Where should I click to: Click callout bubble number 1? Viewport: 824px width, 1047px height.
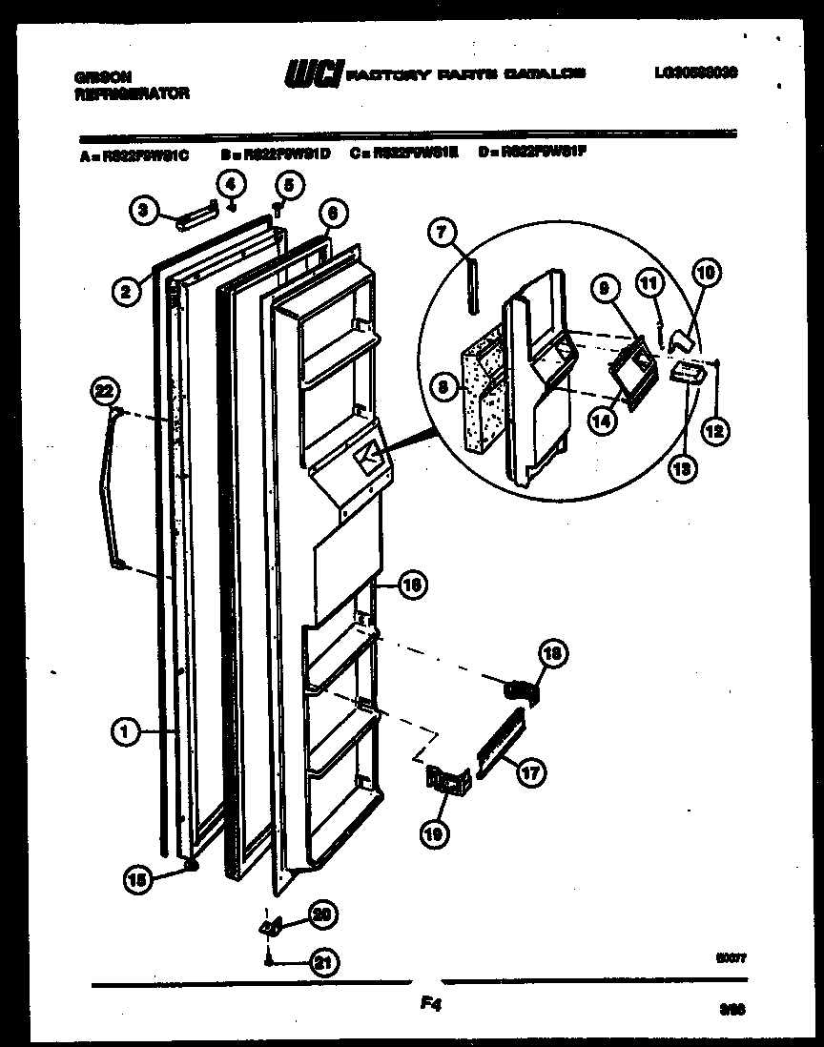[123, 732]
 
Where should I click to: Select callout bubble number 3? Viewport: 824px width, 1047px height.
[142, 213]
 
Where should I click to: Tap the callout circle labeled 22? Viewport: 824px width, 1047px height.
[104, 389]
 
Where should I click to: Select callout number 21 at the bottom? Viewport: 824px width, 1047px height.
[325, 963]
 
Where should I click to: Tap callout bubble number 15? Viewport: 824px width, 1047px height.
[138, 881]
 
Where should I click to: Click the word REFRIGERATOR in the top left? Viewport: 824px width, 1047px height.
[132, 93]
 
